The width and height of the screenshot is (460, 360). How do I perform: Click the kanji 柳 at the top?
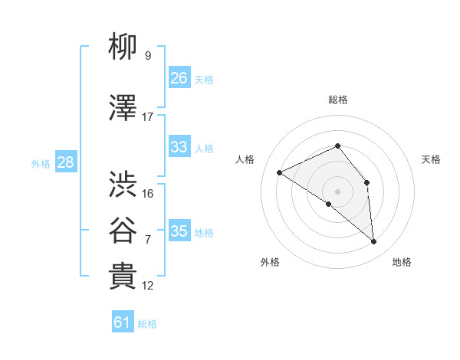(x=123, y=47)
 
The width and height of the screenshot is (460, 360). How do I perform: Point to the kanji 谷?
(x=123, y=228)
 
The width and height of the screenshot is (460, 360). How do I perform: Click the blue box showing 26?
(x=179, y=78)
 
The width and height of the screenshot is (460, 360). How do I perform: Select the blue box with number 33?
(x=179, y=147)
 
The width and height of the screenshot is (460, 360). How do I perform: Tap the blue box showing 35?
(x=179, y=231)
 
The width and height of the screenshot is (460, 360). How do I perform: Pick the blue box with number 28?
(x=65, y=162)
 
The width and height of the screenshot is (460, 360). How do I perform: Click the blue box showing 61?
(x=123, y=322)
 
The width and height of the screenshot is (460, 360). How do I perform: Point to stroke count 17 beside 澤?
(x=148, y=117)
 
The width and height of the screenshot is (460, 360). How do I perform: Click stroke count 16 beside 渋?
(x=148, y=194)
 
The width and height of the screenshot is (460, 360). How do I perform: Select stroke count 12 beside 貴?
(x=148, y=286)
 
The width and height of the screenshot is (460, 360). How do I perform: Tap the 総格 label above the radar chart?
(x=337, y=100)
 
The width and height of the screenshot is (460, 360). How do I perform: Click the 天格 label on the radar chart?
(x=431, y=159)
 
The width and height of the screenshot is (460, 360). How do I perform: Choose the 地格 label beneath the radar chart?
(x=402, y=263)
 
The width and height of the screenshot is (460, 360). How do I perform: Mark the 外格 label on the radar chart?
(x=270, y=263)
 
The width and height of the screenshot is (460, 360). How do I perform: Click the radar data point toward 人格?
(x=280, y=172)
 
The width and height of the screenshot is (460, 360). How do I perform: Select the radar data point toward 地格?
(x=374, y=242)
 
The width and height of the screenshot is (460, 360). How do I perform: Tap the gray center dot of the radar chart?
(x=337, y=191)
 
